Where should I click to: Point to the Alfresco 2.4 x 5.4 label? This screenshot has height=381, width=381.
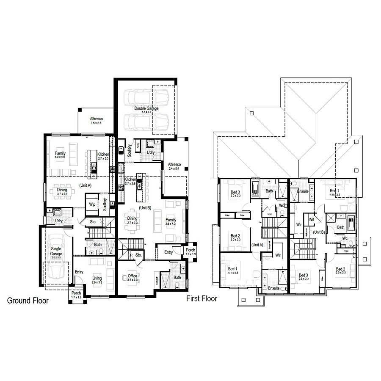(x=174, y=166)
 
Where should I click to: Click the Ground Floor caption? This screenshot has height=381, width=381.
(x=28, y=301)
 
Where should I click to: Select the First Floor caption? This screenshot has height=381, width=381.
(x=202, y=299)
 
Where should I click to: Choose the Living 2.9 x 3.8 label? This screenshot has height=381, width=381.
(x=97, y=280)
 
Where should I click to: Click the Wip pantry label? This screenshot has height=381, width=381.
(x=92, y=204)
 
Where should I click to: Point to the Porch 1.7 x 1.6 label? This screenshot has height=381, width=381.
(x=76, y=295)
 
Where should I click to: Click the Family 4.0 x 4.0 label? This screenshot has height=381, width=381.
(x=60, y=155)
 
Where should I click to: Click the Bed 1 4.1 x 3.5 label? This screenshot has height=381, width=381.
(x=233, y=271)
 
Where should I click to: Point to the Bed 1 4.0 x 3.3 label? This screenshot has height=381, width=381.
(x=334, y=193)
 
